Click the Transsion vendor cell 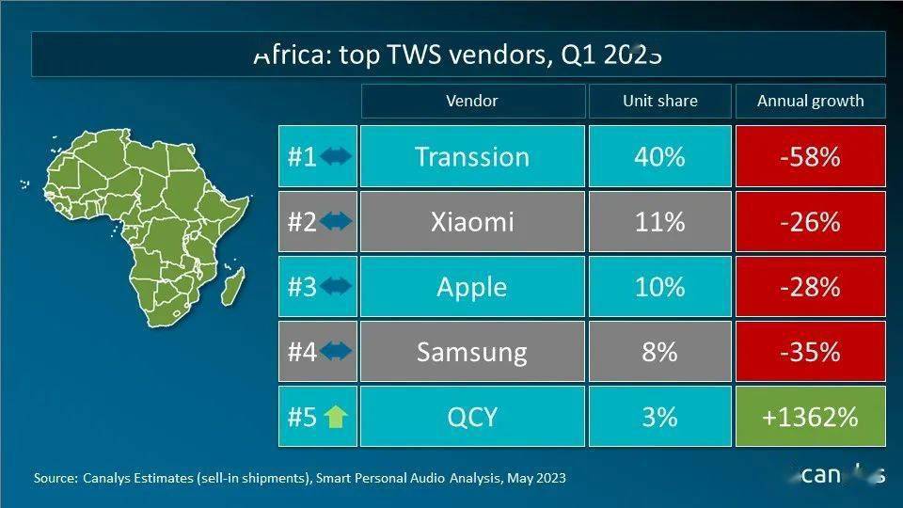pyautogui.click(x=472, y=156)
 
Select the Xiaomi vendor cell pyautogui.click(x=472, y=222)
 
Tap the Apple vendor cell pyautogui.click(x=472, y=287)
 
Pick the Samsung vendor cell pyautogui.click(x=472, y=352)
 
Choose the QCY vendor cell pyautogui.click(x=472, y=416)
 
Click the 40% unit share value pyautogui.click(x=659, y=156)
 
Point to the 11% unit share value pyautogui.click(x=659, y=222)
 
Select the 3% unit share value pyautogui.click(x=659, y=416)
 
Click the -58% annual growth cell pyautogui.click(x=810, y=156)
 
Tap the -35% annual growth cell pyautogui.click(x=810, y=352)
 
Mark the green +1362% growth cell pyautogui.click(x=810, y=416)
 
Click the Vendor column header pyautogui.click(x=472, y=101)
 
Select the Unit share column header pyautogui.click(x=659, y=101)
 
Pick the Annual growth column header pyautogui.click(x=810, y=101)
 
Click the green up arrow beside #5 pyautogui.click(x=335, y=416)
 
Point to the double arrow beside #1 pyautogui.click(x=336, y=156)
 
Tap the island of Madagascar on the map pyautogui.click(x=235, y=286)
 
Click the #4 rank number pyautogui.click(x=302, y=352)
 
